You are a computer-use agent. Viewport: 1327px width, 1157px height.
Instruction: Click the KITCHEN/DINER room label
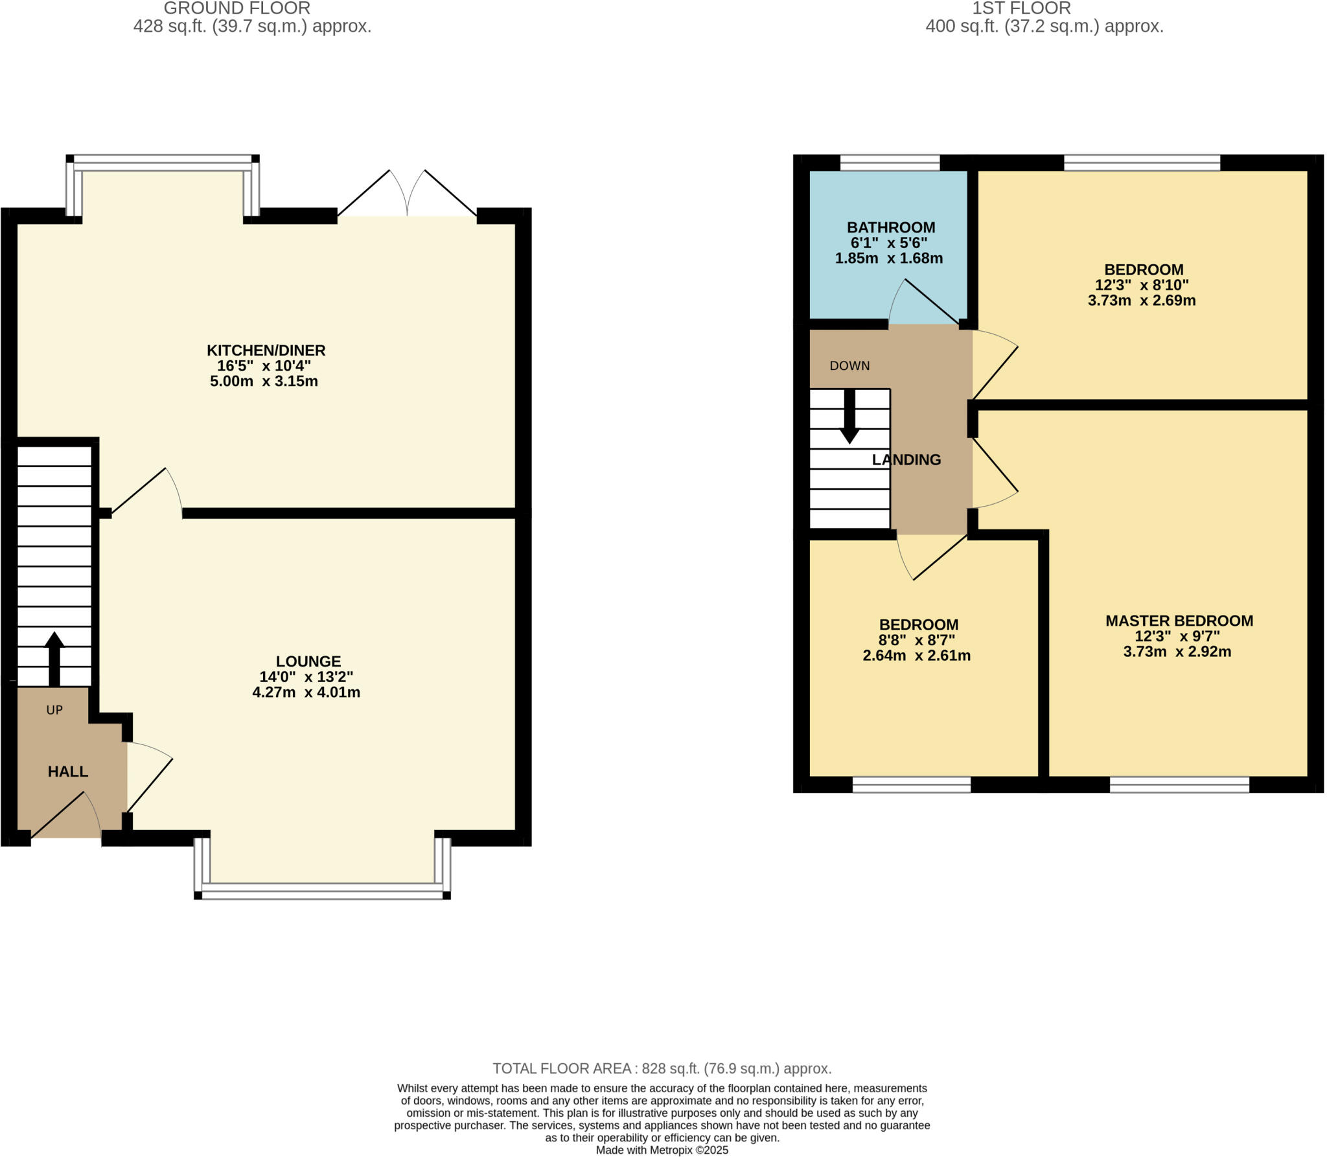tap(266, 350)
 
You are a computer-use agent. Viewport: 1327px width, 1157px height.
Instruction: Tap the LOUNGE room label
tap(308, 661)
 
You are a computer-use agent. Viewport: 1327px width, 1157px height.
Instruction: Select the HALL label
tap(68, 772)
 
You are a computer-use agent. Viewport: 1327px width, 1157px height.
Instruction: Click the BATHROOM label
tap(891, 227)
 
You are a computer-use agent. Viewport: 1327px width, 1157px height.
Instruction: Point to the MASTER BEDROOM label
tap(1179, 621)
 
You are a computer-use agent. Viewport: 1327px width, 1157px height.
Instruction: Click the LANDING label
tap(906, 460)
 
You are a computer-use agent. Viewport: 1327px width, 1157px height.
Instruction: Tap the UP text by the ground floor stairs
tap(54, 710)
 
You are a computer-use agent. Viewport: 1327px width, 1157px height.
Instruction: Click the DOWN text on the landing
tap(849, 366)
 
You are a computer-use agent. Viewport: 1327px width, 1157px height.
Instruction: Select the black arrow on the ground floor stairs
tap(54, 659)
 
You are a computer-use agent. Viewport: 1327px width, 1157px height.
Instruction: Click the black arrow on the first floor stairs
tap(849, 417)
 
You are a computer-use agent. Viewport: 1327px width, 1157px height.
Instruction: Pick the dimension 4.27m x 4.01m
tap(306, 692)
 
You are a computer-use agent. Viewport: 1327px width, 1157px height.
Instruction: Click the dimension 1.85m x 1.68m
tap(889, 258)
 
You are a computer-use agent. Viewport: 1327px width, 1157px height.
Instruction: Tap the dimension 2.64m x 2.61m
tap(917, 656)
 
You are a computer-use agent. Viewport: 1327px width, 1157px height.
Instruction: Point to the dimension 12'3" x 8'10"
tap(1142, 285)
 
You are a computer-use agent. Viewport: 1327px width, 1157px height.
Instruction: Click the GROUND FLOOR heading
tap(237, 8)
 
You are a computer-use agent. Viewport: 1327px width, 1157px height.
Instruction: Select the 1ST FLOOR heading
tap(1022, 8)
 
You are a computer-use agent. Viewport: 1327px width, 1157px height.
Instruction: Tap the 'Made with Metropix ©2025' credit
tap(662, 1150)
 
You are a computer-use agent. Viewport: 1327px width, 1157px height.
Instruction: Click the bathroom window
tap(890, 163)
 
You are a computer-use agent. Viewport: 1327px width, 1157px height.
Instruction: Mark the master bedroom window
tap(1179, 785)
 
